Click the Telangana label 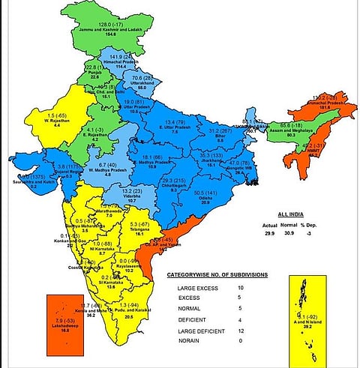(x=136, y=228)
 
